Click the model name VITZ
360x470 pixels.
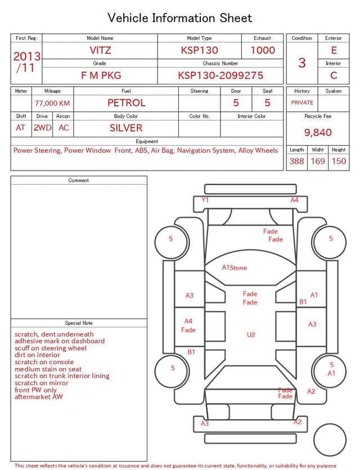(100, 50)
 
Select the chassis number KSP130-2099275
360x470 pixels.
(220, 75)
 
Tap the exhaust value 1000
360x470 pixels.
(263, 50)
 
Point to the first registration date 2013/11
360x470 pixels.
(26, 62)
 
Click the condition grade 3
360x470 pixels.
(302, 62)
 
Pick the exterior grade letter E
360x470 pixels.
(334, 50)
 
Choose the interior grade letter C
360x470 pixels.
(334, 75)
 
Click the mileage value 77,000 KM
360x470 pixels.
(52, 103)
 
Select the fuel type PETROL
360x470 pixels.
(127, 103)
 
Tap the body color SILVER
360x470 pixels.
(126, 128)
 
